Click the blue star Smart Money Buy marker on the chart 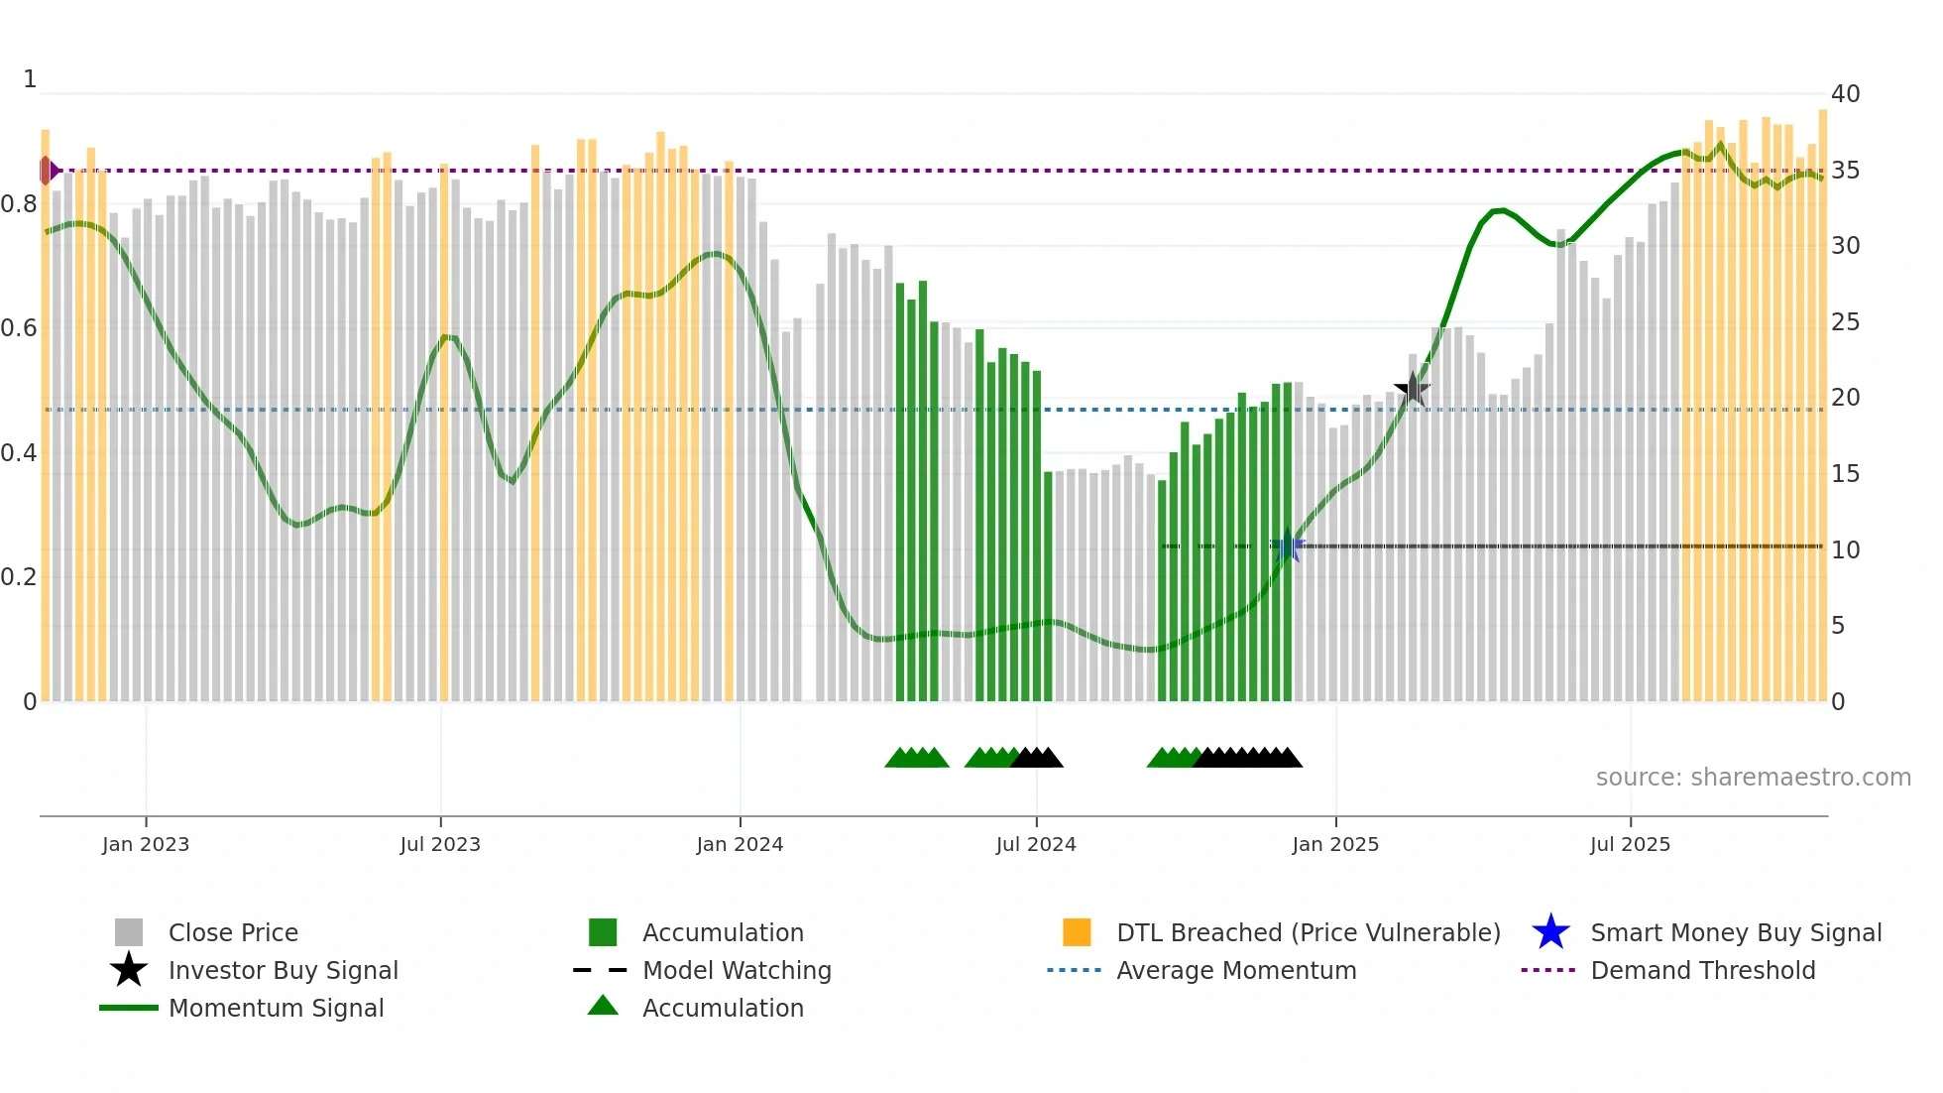tap(1287, 546)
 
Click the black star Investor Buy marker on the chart tap(1413, 389)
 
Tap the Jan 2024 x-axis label tap(740, 844)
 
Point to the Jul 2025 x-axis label tap(1630, 844)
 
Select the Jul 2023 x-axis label tap(440, 844)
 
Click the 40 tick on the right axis tap(1845, 94)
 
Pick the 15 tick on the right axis tap(1845, 474)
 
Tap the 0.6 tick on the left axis tap(19, 328)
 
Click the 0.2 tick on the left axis tap(19, 577)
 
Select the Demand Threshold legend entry tap(1702, 970)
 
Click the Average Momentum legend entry tap(1235, 970)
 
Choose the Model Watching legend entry tap(736, 970)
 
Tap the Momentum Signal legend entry tap(276, 1008)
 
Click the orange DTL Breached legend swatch tap(1077, 932)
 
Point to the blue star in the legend tap(1550, 932)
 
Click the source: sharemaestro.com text tap(1753, 778)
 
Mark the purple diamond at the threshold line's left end tap(47, 171)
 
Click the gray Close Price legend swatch tap(129, 932)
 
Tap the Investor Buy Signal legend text tap(284, 970)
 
